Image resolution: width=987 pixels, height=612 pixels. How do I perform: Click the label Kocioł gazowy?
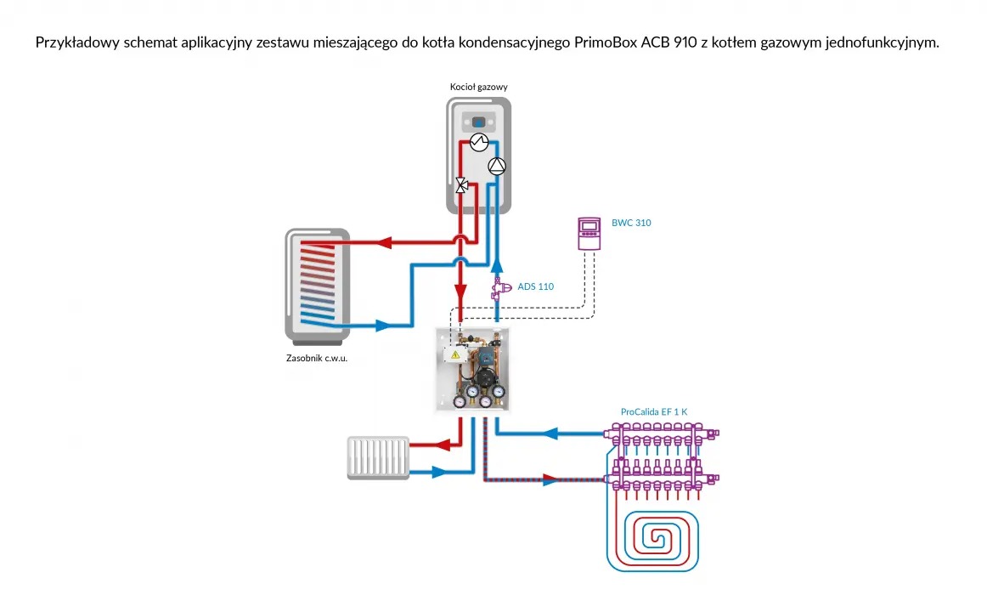(478, 87)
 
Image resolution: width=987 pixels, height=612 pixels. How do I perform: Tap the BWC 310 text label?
(631, 223)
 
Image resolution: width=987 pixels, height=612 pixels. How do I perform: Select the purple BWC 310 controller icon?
(589, 234)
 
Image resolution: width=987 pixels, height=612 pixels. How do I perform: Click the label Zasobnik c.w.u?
(317, 358)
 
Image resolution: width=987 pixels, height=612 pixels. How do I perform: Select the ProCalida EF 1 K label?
(654, 411)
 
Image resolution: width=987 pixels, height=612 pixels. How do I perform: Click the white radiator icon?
(378, 456)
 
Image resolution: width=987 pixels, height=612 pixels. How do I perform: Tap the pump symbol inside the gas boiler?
(497, 166)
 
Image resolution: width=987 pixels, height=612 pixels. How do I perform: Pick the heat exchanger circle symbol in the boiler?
(478, 141)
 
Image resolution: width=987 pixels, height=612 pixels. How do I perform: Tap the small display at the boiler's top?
(478, 122)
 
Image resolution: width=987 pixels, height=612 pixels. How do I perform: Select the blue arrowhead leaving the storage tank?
(382, 325)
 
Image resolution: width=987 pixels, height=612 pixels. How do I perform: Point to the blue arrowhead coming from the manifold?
(550, 433)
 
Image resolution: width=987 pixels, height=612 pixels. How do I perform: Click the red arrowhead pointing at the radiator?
(441, 444)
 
